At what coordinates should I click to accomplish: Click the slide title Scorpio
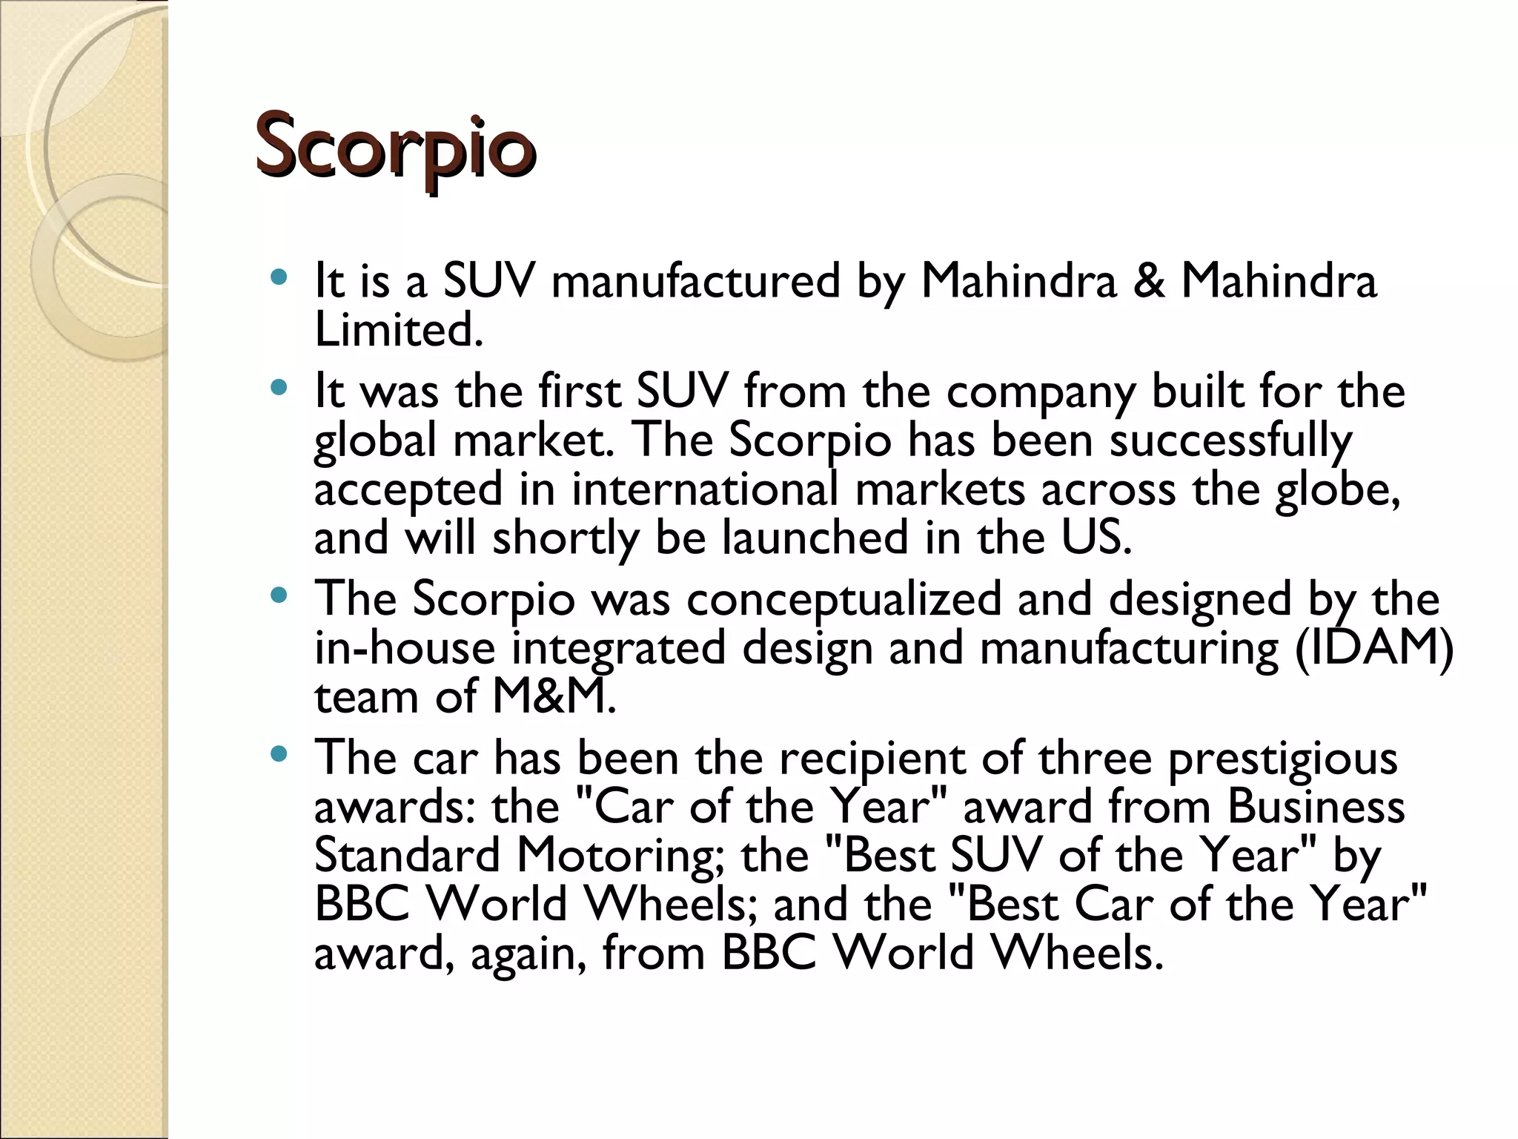[x=395, y=147]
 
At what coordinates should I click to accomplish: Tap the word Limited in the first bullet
[x=398, y=330]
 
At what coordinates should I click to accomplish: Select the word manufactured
[x=696, y=282]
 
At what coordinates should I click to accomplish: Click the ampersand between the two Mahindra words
[x=1148, y=282]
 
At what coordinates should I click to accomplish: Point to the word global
[x=375, y=441]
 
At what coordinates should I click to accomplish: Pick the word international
[x=704, y=490]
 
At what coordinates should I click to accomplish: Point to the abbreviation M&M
[x=553, y=697]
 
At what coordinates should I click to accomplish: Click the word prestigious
[x=1282, y=759]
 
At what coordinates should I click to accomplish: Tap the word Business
[x=1316, y=807]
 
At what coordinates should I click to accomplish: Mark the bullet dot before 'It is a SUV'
[x=279, y=279]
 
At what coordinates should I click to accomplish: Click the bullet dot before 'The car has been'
[x=279, y=755]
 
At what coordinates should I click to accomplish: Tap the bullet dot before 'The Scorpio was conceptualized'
[x=279, y=595]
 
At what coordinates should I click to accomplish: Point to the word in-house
[x=405, y=648]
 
